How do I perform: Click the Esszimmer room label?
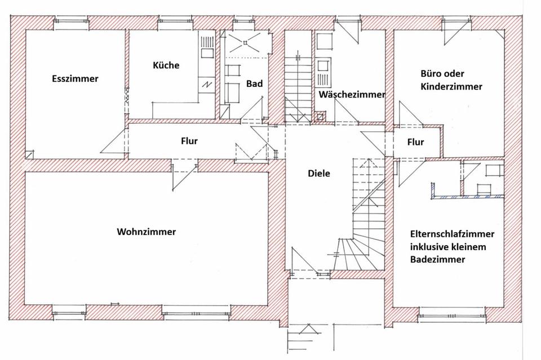(74, 79)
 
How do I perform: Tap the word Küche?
(166, 65)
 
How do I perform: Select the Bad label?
(254, 84)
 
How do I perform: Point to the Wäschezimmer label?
(352, 95)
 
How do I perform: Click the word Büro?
(432, 74)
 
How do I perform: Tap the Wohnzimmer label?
(146, 232)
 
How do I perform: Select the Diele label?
(318, 174)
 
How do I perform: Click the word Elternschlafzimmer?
(453, 234)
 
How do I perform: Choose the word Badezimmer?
(437, 260)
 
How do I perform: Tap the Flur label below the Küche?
(189, 141)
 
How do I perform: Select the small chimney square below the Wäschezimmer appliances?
(321, 117)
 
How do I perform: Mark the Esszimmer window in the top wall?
(71, 23)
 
